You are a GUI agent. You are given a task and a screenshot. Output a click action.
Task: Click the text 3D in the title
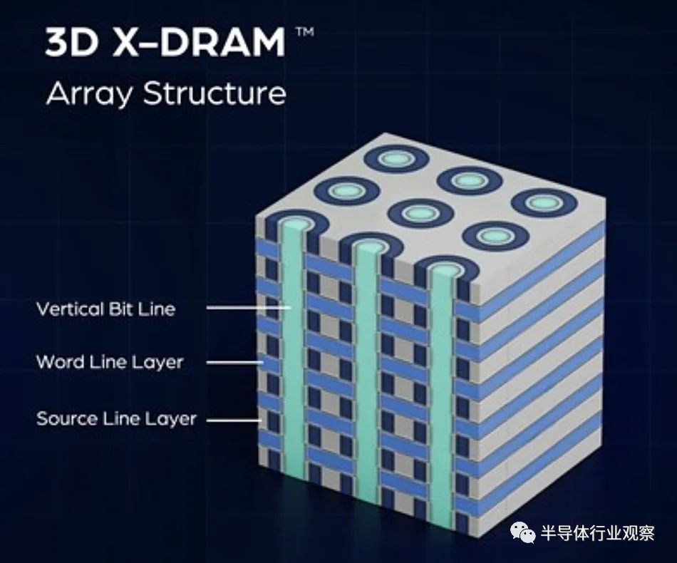tap(71, 43)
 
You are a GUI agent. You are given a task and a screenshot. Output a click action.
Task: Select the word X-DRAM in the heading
tap(199, 43)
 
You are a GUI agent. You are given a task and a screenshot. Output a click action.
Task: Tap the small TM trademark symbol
tap(304, 32)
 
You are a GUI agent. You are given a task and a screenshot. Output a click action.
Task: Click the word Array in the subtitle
tap(88, 95)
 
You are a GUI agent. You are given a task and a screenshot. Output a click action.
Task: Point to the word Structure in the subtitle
tap(215, 93)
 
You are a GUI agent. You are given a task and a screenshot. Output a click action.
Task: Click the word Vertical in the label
tap(70, 309)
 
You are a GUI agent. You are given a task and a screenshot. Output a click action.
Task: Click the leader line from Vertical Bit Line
tap(249, 308)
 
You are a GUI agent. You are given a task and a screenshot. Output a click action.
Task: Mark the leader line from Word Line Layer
tap(235, 362)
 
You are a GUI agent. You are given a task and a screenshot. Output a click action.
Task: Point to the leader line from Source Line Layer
tap(234, 420)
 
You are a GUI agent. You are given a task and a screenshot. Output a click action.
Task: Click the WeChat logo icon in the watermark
tap(523, 533)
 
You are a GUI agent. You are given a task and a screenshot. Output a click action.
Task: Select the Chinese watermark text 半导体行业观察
tap(598, 533)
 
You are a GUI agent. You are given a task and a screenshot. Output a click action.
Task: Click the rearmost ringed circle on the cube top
tap(397, 160)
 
